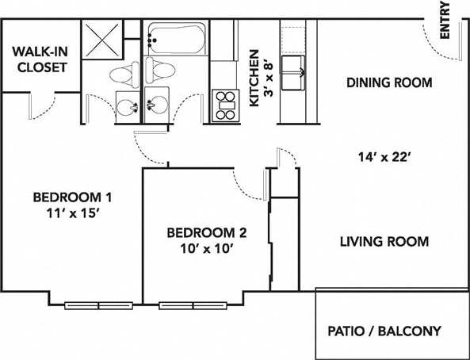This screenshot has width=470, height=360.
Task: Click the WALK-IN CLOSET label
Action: (39, 60)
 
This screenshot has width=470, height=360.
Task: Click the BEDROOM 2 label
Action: (206, 232)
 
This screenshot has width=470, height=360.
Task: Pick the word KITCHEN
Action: (254, 78)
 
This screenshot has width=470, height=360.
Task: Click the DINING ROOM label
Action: (389, 82)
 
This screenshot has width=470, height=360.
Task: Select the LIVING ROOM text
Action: (384, 241)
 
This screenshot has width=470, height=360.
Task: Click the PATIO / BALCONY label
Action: (384, 331)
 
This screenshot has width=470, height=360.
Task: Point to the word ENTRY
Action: (445, 21)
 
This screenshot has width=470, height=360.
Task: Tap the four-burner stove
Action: (225, 105)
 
